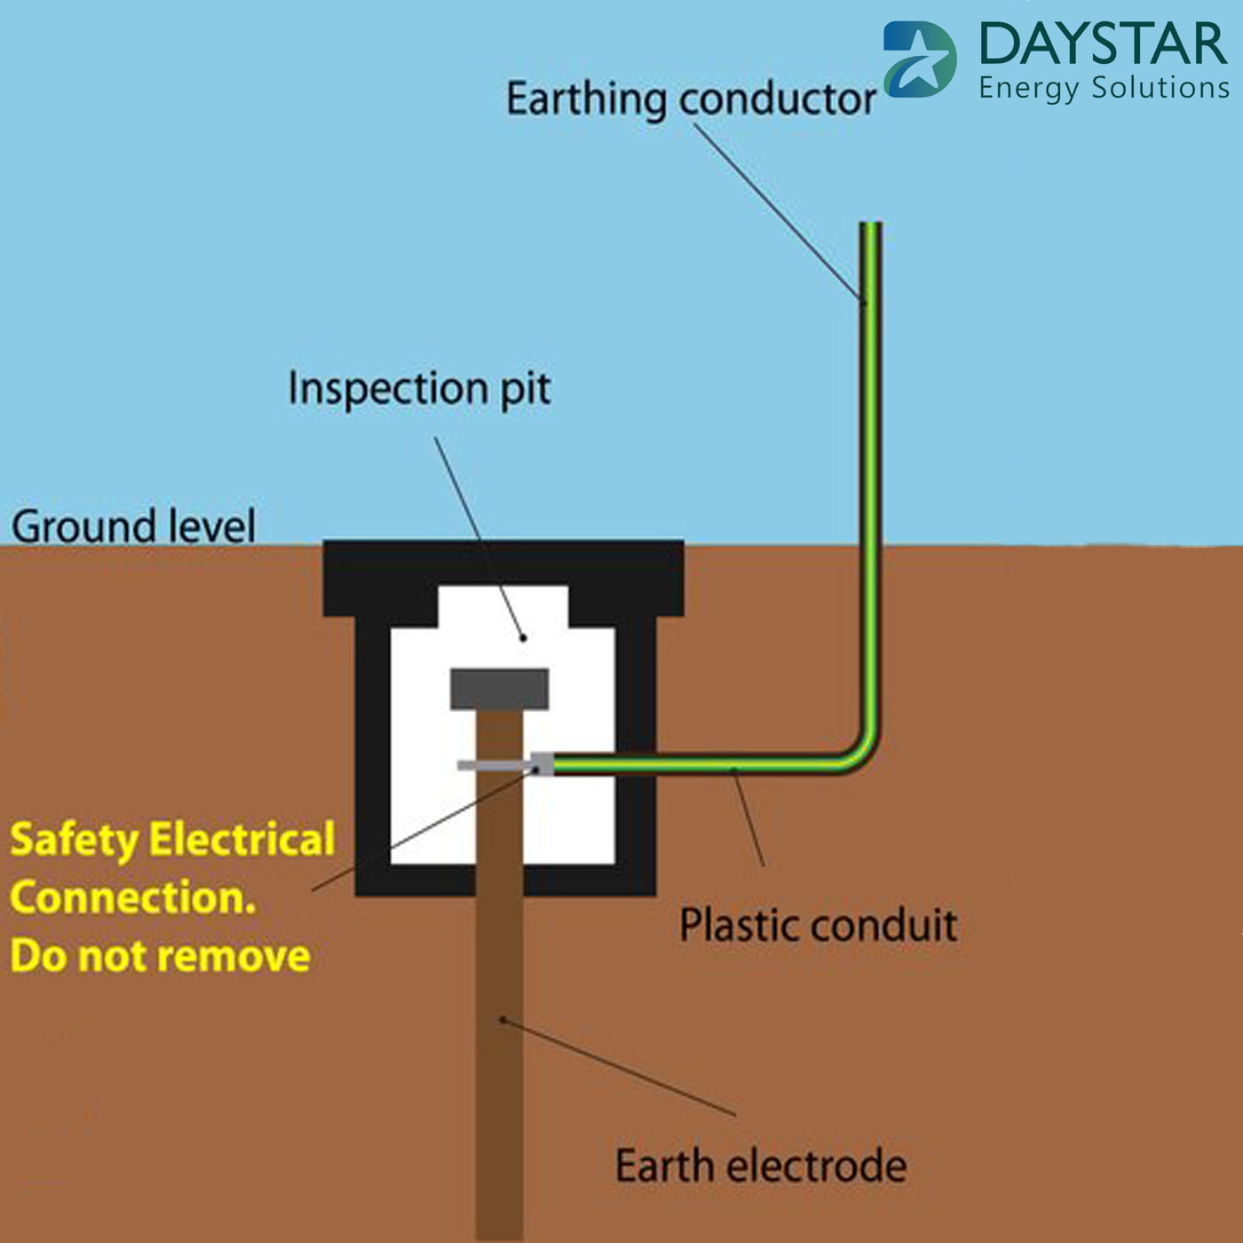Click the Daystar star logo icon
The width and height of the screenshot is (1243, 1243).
920,59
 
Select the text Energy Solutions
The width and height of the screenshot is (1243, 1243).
1104,88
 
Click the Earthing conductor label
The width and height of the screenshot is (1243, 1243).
691,99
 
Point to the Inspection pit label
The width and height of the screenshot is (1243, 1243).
419,389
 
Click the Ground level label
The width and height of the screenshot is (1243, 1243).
133,526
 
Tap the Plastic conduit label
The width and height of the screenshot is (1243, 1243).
818,925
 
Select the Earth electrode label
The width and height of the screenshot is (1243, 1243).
761,1166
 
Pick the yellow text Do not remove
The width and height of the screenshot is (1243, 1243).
160,956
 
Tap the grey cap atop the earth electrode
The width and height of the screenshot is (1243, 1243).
499,689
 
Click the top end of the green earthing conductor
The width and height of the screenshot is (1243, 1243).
870,227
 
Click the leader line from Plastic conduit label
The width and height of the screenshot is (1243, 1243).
748,817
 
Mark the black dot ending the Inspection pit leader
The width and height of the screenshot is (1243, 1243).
523,637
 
